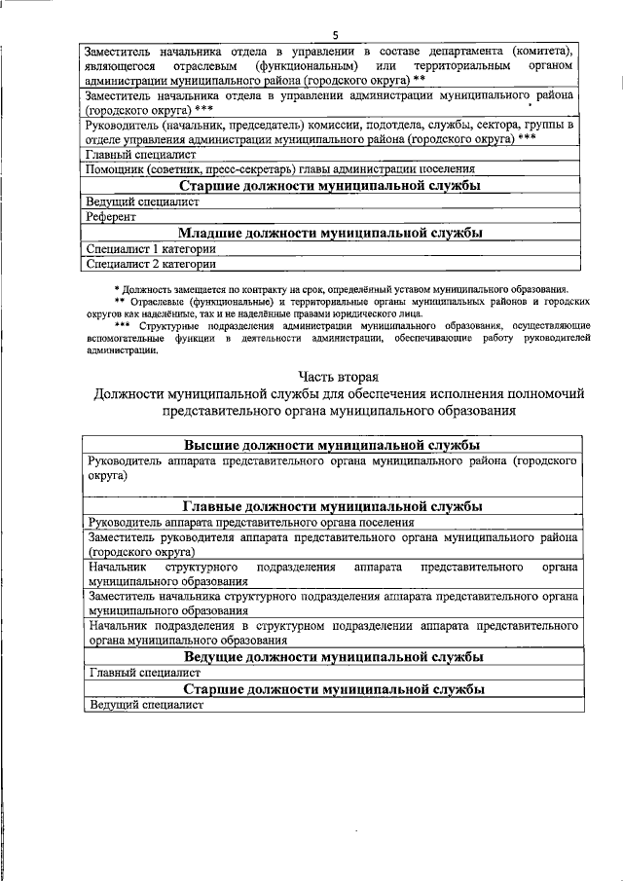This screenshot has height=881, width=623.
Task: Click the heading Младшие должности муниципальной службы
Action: point(331,233)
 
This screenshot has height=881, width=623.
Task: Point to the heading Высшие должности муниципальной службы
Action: point(331,444)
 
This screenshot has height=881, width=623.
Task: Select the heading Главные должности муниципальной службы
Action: point(331,507)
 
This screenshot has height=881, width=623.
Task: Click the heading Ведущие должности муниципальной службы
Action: point(331,657)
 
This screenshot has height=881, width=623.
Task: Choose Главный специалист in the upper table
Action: point(141,154)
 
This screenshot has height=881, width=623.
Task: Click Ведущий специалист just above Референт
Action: point(142,202)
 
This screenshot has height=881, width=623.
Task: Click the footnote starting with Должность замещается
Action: point(341,289)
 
